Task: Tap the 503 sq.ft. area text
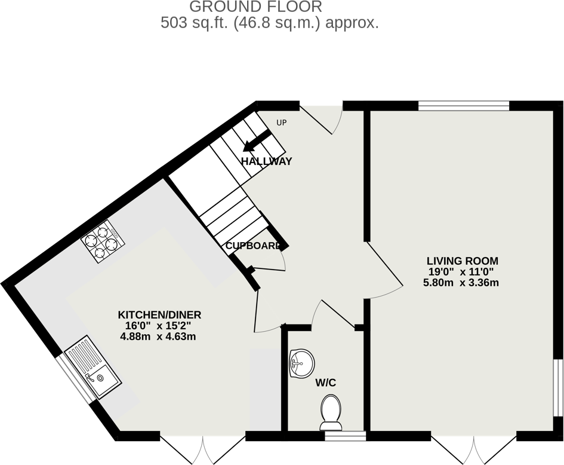point(270,24)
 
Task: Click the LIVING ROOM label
point(462,261)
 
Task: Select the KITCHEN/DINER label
point(159,315)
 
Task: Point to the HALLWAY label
point(266,161)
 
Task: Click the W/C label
point(326,383)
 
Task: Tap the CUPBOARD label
point(253,246)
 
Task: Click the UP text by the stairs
point(282,123)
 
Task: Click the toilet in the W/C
point(331,414)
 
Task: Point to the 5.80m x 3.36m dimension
point(461,283)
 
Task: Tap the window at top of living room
point(463,106)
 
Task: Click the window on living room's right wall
point(557,387)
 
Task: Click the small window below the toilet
point(345,436)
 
